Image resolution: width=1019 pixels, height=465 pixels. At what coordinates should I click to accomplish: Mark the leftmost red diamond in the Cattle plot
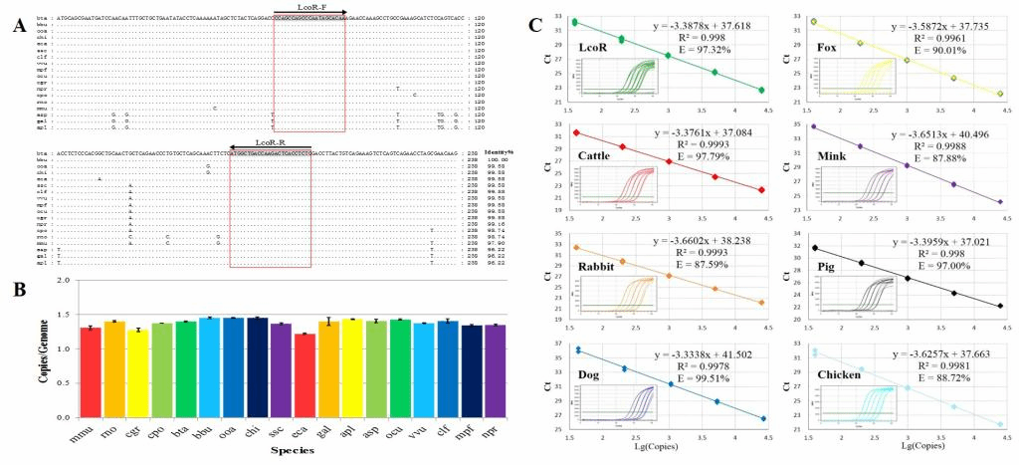575,132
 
